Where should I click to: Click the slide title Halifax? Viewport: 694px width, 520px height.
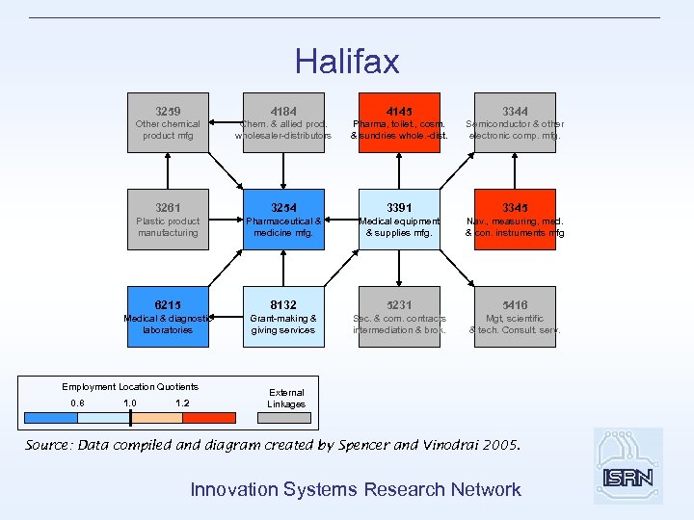tap(347, 62)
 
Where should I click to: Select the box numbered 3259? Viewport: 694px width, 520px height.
tap(169, 121)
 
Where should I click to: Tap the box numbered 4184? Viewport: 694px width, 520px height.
tap(283, 121)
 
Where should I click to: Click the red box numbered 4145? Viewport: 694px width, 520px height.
tap(399, 121)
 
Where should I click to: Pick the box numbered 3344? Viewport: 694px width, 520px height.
tap(515, 121)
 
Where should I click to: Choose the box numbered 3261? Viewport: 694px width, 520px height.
tap(169, 219)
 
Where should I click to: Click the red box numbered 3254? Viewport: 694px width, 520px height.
tap(283, 219)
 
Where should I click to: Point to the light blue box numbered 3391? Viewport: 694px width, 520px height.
tap(399, 219)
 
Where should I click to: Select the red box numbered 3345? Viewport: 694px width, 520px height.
tap(515, 219)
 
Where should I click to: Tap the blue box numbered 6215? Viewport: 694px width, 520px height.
tap(169, 316)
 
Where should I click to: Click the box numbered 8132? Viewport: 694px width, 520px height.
tap(283, 316)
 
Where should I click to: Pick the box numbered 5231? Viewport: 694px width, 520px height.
tap(399, 316)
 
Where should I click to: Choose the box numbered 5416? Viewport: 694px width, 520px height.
tap(515, 316)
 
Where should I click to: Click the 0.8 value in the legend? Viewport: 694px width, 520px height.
tap(78, 403)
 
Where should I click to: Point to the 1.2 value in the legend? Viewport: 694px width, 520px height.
tap(182, 403)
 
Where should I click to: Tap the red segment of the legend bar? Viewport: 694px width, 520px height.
tap(208, 418)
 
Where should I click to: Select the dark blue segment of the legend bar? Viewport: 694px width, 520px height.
tap(51, 418)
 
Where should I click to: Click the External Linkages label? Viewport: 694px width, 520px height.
tap(286, 399)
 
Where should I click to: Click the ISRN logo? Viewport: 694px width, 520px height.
tap(628, 466)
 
